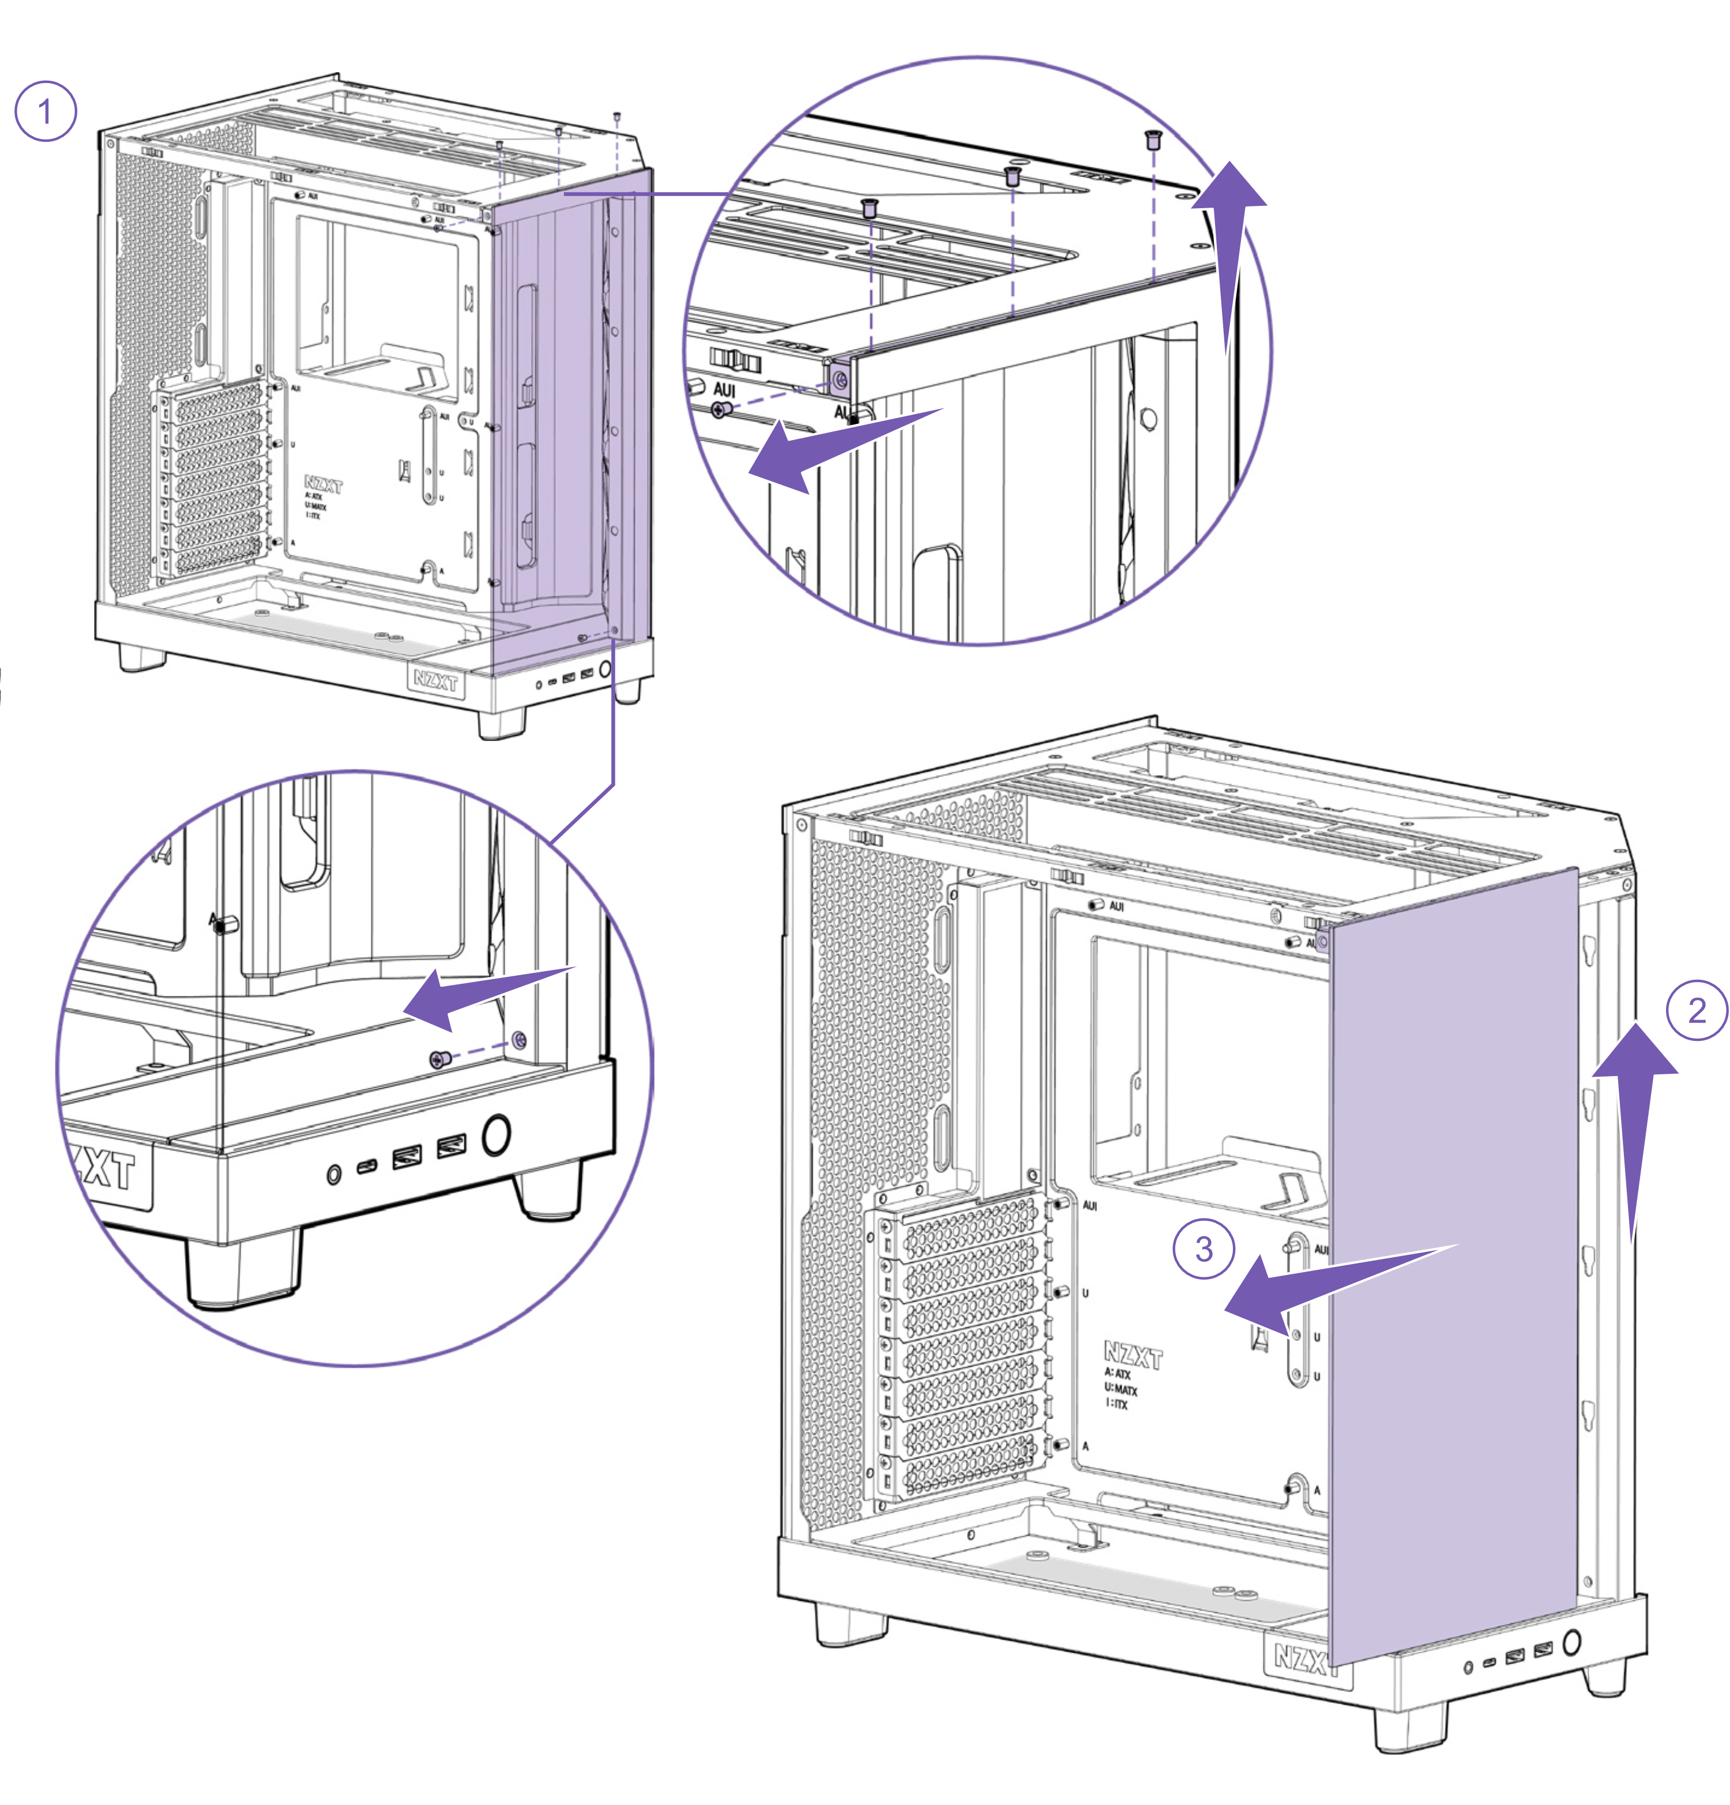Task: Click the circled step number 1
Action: click(x=45, y=111)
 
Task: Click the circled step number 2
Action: click(x=1696, y=1010)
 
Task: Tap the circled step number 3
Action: click(x=1204, y=1250)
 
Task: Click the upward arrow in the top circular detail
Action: click(x=1229, y=249)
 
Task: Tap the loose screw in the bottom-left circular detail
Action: click(x=440, y=1059)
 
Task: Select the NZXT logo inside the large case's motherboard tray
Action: click(x=1133, y=1354)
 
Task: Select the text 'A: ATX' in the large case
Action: click(x=1117, y=1375)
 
